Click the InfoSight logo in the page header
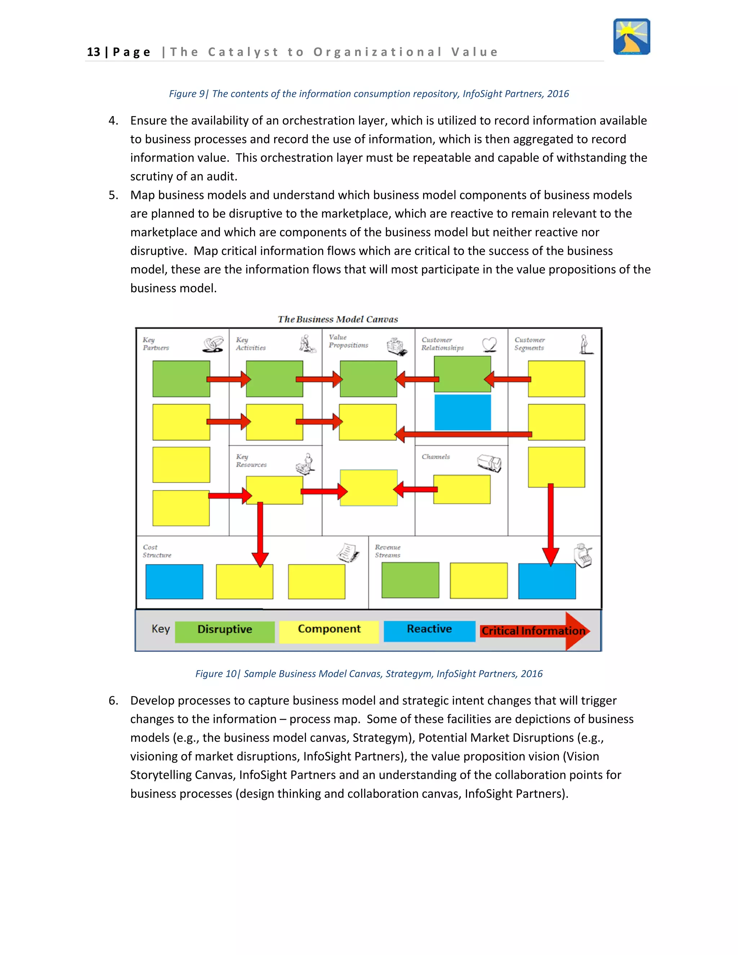[x=631, y=37]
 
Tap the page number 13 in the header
[x=94, y=52]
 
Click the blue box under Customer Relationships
[x=463, y=412]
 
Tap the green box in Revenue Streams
[x=410, y=580]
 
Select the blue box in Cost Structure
[x=174, y=582]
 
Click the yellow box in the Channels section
[x=462, y=489]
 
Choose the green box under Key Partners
[x=181, y=379]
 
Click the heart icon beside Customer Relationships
[x=490, y=344]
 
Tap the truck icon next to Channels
[x=489, y=463]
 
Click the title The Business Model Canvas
[x=338, y=319]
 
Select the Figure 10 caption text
[x=369, y=674]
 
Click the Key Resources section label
[x=251, y=461]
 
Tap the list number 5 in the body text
[x=113, y=195]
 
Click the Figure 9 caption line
[x=369, y=94]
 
